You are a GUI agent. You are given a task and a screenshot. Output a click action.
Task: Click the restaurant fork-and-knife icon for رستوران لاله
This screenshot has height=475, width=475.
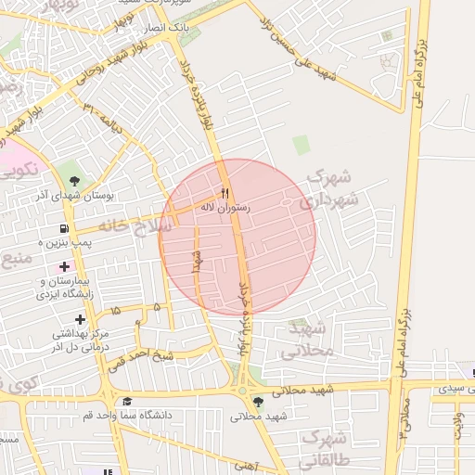(225, 194)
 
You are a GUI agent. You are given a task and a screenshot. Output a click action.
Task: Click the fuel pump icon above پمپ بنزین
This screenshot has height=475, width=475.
(63, 227)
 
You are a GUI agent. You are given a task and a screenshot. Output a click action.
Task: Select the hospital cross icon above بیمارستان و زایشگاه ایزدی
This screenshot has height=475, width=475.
(63, 267)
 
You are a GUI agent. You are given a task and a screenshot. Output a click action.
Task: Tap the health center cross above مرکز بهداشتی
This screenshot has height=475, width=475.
(81, 319)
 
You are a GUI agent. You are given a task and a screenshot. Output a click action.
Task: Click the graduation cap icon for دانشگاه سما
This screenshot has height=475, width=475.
(126, 402)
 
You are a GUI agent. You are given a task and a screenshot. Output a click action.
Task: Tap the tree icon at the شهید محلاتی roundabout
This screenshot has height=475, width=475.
(257, 401)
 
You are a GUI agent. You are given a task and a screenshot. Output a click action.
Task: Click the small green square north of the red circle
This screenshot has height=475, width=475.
(300, 145)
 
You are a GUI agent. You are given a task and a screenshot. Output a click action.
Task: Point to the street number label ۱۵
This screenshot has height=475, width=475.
(115, 311)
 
